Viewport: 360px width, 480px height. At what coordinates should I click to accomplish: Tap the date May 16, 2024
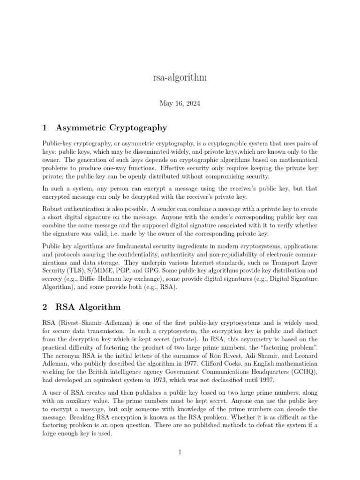point(180,104)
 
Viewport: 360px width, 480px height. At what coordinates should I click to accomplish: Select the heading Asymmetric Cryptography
point(111,127)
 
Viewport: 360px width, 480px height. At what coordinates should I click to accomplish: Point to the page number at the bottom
point(180,452)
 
